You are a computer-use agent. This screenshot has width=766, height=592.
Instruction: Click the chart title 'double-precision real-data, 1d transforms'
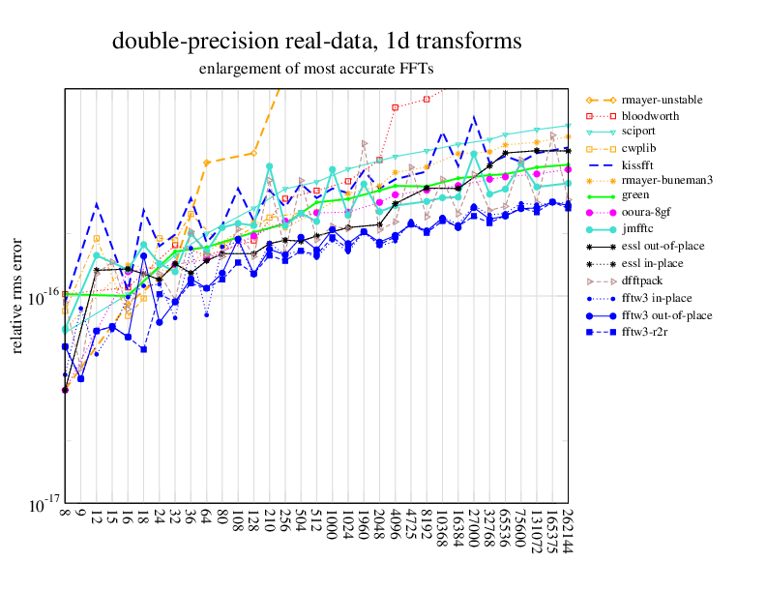pos(316,42)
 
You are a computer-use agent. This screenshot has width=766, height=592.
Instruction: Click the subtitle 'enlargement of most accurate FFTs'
pos(316,69)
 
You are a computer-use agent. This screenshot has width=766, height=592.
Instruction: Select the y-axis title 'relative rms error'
pos(16,294)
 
